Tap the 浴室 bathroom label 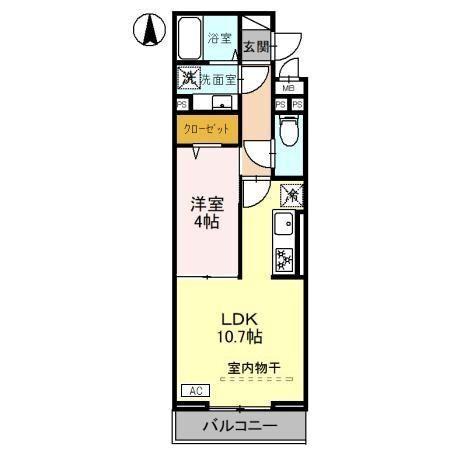219,39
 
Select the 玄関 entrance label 256,46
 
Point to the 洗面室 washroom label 216,78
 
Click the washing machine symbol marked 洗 187,76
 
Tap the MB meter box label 287,88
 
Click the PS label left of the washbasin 182,103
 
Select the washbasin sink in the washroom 219,103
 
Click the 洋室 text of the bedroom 208,203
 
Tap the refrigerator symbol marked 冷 290,194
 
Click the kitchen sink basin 284,224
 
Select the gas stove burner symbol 284,258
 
